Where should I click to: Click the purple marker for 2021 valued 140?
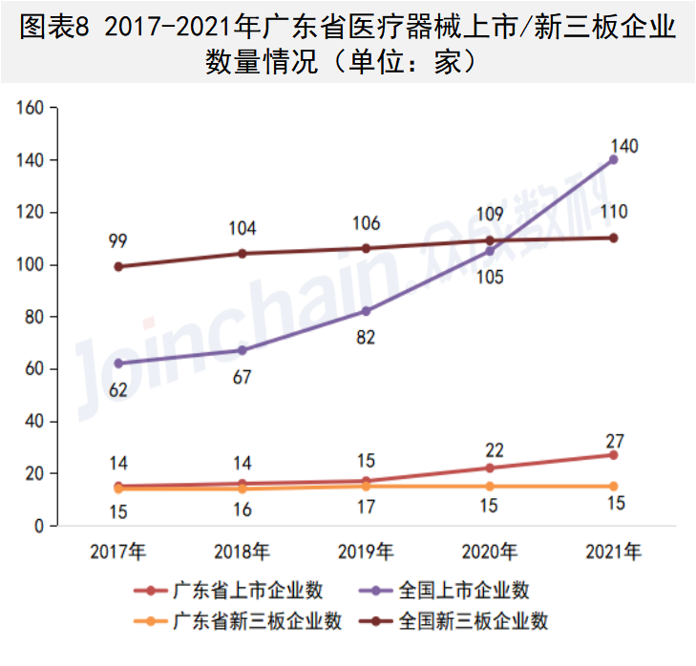pos(613,159)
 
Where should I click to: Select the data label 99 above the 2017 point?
pos(118,239)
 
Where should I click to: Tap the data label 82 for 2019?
pos(367,337)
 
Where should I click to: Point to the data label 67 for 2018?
pos(243,377)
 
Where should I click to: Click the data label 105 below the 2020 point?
pos(490,277)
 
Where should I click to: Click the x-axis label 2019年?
pos(367,552)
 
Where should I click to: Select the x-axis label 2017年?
pos(118,552)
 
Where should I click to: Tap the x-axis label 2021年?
pos(613,552)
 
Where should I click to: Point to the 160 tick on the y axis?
pos(32,108)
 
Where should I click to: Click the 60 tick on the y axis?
pos(36,369)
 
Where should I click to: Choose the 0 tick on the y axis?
pos(41,526)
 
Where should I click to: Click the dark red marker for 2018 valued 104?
pos(243,254)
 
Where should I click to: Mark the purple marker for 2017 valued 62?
pos(118,364)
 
